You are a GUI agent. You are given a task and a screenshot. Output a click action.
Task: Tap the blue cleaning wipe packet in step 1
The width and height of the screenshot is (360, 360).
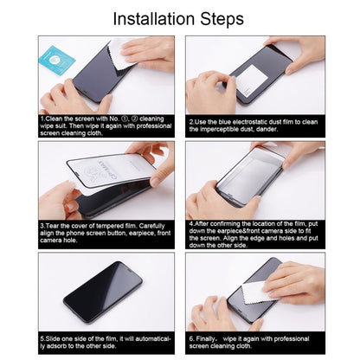point(57,59)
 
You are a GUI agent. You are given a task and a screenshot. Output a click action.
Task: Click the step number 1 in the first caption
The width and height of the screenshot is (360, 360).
point(42,119)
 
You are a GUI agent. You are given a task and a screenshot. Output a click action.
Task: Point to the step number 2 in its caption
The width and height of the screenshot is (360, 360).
point(191,121)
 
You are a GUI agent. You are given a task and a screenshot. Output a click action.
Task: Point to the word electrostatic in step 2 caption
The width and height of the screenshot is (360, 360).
point(250,121)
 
